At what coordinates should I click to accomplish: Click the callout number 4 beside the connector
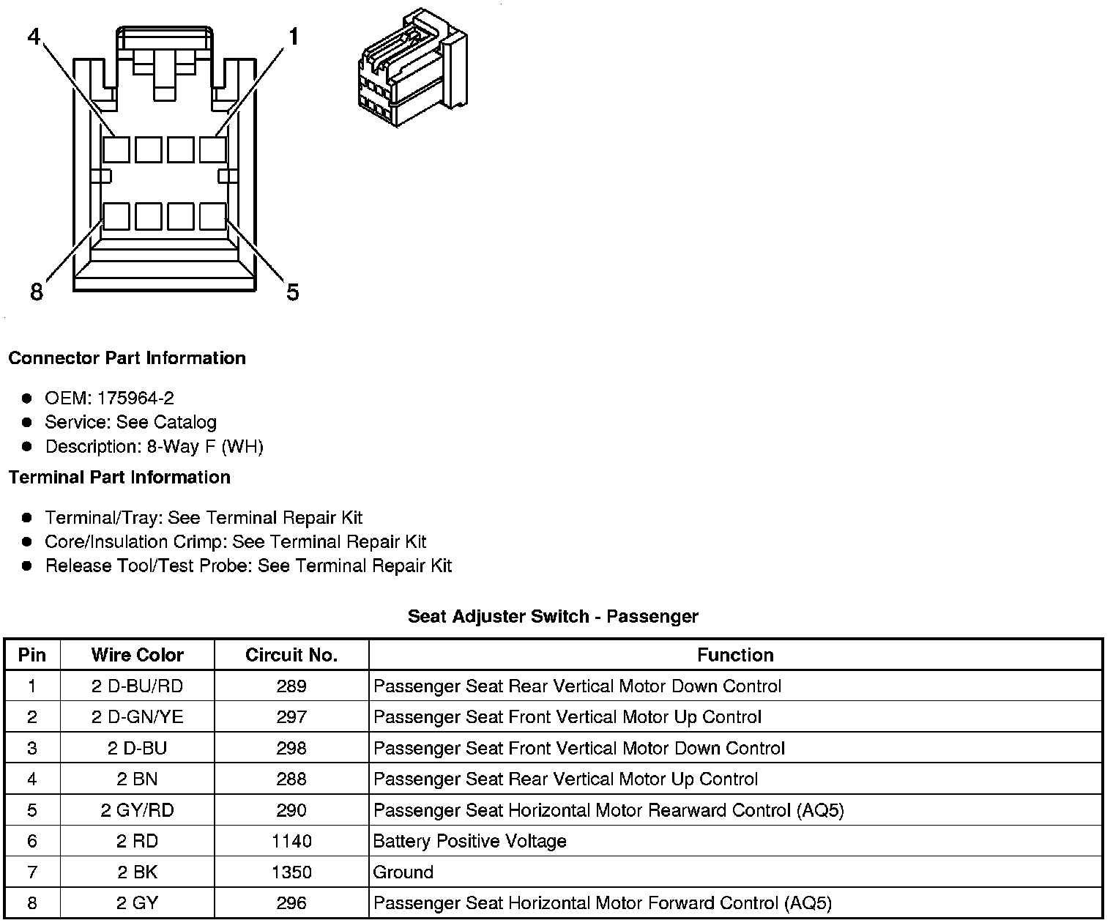point(34,36)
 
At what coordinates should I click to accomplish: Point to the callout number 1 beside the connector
point(294,36)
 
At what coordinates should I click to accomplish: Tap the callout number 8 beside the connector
point(37,292)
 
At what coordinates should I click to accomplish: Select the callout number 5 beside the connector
point(293,292)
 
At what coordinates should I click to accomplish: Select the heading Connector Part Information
point(127,358)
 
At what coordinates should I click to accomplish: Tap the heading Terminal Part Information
point(119,478)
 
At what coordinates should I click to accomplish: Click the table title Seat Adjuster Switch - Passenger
point(553,617)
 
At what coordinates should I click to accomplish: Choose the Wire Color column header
point(137,655)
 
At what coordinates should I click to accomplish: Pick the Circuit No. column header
point(291,655)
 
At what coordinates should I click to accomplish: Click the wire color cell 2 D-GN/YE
point(137,717)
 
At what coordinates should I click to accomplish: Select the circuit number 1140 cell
point(291,841)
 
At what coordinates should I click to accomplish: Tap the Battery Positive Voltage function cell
point(469,841)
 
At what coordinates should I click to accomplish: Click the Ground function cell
point(403,872)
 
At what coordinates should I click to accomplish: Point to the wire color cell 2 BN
point(137,779)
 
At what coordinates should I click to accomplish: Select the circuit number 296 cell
point(291,903)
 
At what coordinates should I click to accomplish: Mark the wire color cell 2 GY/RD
point(137,810)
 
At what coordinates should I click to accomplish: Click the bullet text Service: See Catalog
point(130,423)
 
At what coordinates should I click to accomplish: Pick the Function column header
point(735,655)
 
